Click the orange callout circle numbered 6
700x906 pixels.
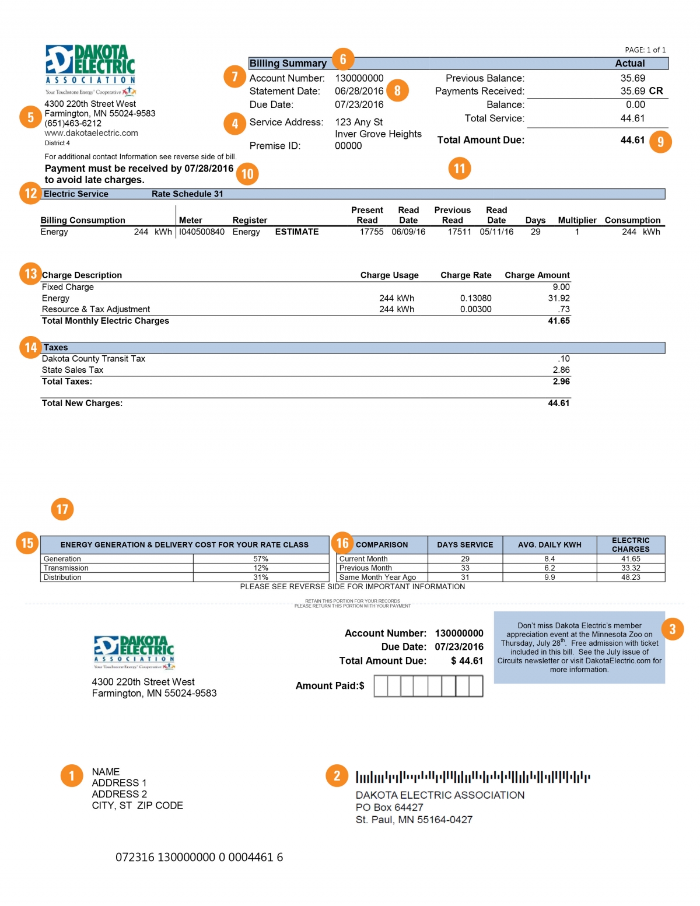point(343,59)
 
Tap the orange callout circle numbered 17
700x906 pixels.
point(62,509)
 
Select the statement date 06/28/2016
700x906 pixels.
point(359,91)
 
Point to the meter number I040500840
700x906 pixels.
point(202,232)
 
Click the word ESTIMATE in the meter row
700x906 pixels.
point(297,232)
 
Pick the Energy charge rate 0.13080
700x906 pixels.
point(475,298)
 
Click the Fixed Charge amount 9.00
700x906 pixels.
point(561,287)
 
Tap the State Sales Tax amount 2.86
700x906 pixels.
point(561,370)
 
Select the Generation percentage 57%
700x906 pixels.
point(261,559)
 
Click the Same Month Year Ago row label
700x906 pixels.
point(377,577)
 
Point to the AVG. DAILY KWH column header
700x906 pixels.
point(549,545)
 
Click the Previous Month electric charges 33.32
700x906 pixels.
point(631,568)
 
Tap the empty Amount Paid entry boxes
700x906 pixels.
point(428,686)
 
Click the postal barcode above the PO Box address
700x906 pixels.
point(473,777)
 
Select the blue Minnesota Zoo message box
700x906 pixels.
point(579,648)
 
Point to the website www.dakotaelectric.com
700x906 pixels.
point(92,133)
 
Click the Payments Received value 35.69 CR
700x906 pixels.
point(641,91)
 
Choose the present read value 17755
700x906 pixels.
point(371,232)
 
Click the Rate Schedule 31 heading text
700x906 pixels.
point(187,194)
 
